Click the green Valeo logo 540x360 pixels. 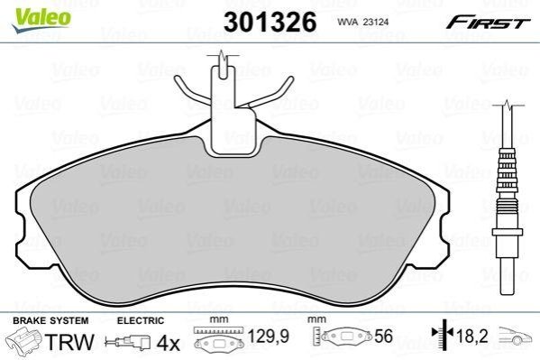[41, 20]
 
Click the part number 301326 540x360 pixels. [270, 22]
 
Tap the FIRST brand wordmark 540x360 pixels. [488, 23]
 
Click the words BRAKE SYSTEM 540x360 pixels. [50, 320]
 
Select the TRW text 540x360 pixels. [69, 341]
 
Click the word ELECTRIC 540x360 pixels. [141, 320]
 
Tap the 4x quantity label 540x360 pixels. [168, 343]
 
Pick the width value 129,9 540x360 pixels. [269, 337]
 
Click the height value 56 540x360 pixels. [382, 337]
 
